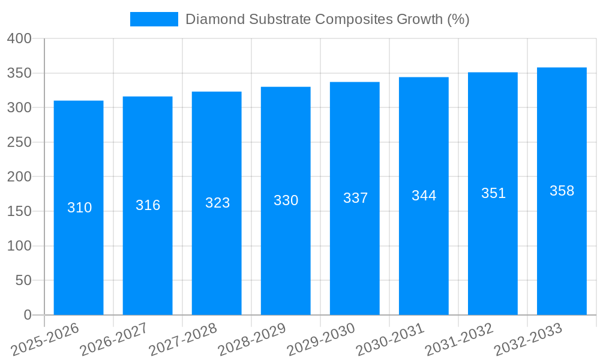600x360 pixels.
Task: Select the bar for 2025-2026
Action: coord(79,208)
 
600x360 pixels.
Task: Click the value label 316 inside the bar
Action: coord(148,205)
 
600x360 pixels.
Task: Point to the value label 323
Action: coord(217,203)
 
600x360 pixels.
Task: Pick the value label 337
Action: coord(355,198)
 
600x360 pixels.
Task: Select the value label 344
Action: coord(424,196)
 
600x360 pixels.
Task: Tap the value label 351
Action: coord(493,193)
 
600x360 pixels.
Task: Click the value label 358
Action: coord(562,191)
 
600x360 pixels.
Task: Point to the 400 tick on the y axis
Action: coord(19,39)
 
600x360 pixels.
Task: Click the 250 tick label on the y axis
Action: coord(19,143)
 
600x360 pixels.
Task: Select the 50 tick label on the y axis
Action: coord(23,281)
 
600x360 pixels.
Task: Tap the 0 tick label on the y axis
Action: coord(27,315)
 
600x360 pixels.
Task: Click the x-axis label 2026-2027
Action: coord(114,340)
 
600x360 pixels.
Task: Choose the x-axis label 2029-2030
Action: coord(321,340)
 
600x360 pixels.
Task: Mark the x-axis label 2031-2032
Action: coord(459,340)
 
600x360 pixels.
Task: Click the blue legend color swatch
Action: coord(154,19)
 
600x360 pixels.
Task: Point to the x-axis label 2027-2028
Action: coord(183,340)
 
